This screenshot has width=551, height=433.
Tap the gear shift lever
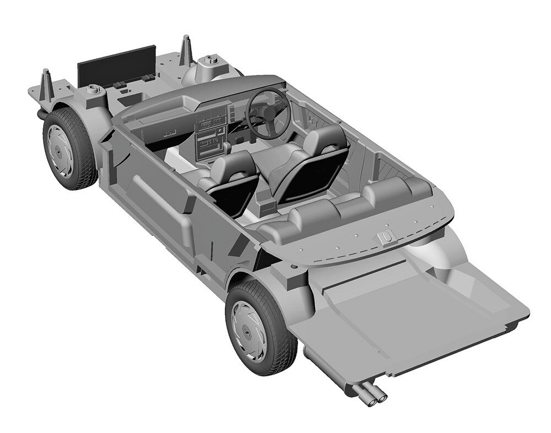point(226,147)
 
